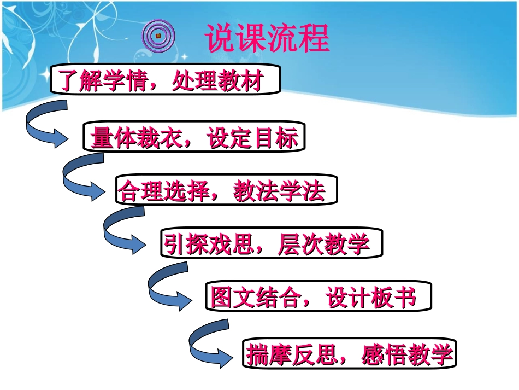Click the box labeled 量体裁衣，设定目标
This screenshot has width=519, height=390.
[193, 137]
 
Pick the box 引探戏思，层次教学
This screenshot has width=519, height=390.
[271, 244]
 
